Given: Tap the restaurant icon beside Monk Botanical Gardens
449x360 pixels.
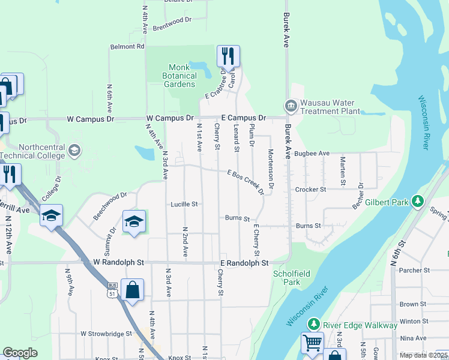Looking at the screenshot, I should tap(228, 56).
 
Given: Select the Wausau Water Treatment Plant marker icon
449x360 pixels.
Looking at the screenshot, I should tap(291, 106).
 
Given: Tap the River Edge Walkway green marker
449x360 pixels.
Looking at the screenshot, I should tap(313, 325).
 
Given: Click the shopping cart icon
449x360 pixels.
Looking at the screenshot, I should tap(312, 343).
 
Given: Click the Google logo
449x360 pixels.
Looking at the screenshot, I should tap(20, 353).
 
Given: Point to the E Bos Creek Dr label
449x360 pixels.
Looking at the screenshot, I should tap(246, 182).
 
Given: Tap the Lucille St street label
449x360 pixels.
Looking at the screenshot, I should tap(184, 204).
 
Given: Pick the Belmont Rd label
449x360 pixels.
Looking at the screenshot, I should tap(127, 46).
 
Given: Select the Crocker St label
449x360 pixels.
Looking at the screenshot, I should tap(310, 190).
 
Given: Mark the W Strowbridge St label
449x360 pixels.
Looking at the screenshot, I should tap(106, 333).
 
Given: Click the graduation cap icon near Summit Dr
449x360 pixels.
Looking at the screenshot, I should tap(134, 221).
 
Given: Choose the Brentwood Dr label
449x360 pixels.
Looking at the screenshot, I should tap(172, 20).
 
